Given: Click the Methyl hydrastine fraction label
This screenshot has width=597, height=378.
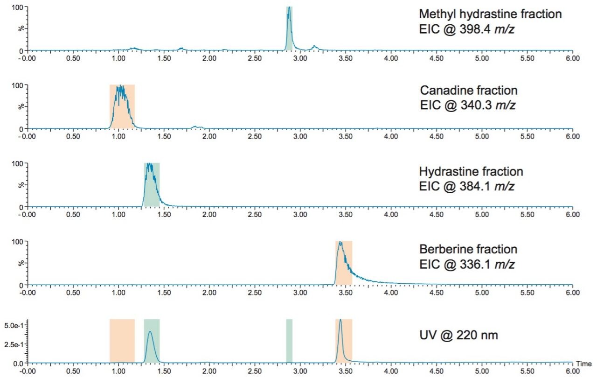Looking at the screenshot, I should [490, 14].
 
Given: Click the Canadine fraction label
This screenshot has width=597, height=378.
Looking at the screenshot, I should [469, 90].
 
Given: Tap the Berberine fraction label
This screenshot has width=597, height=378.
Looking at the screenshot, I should [468, 250].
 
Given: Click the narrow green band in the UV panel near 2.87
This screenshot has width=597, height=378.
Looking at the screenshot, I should [289, 341].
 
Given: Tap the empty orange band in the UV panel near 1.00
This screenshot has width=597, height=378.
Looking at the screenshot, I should [122, 341].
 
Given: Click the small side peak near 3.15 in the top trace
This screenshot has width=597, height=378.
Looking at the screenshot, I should [315, 46].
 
